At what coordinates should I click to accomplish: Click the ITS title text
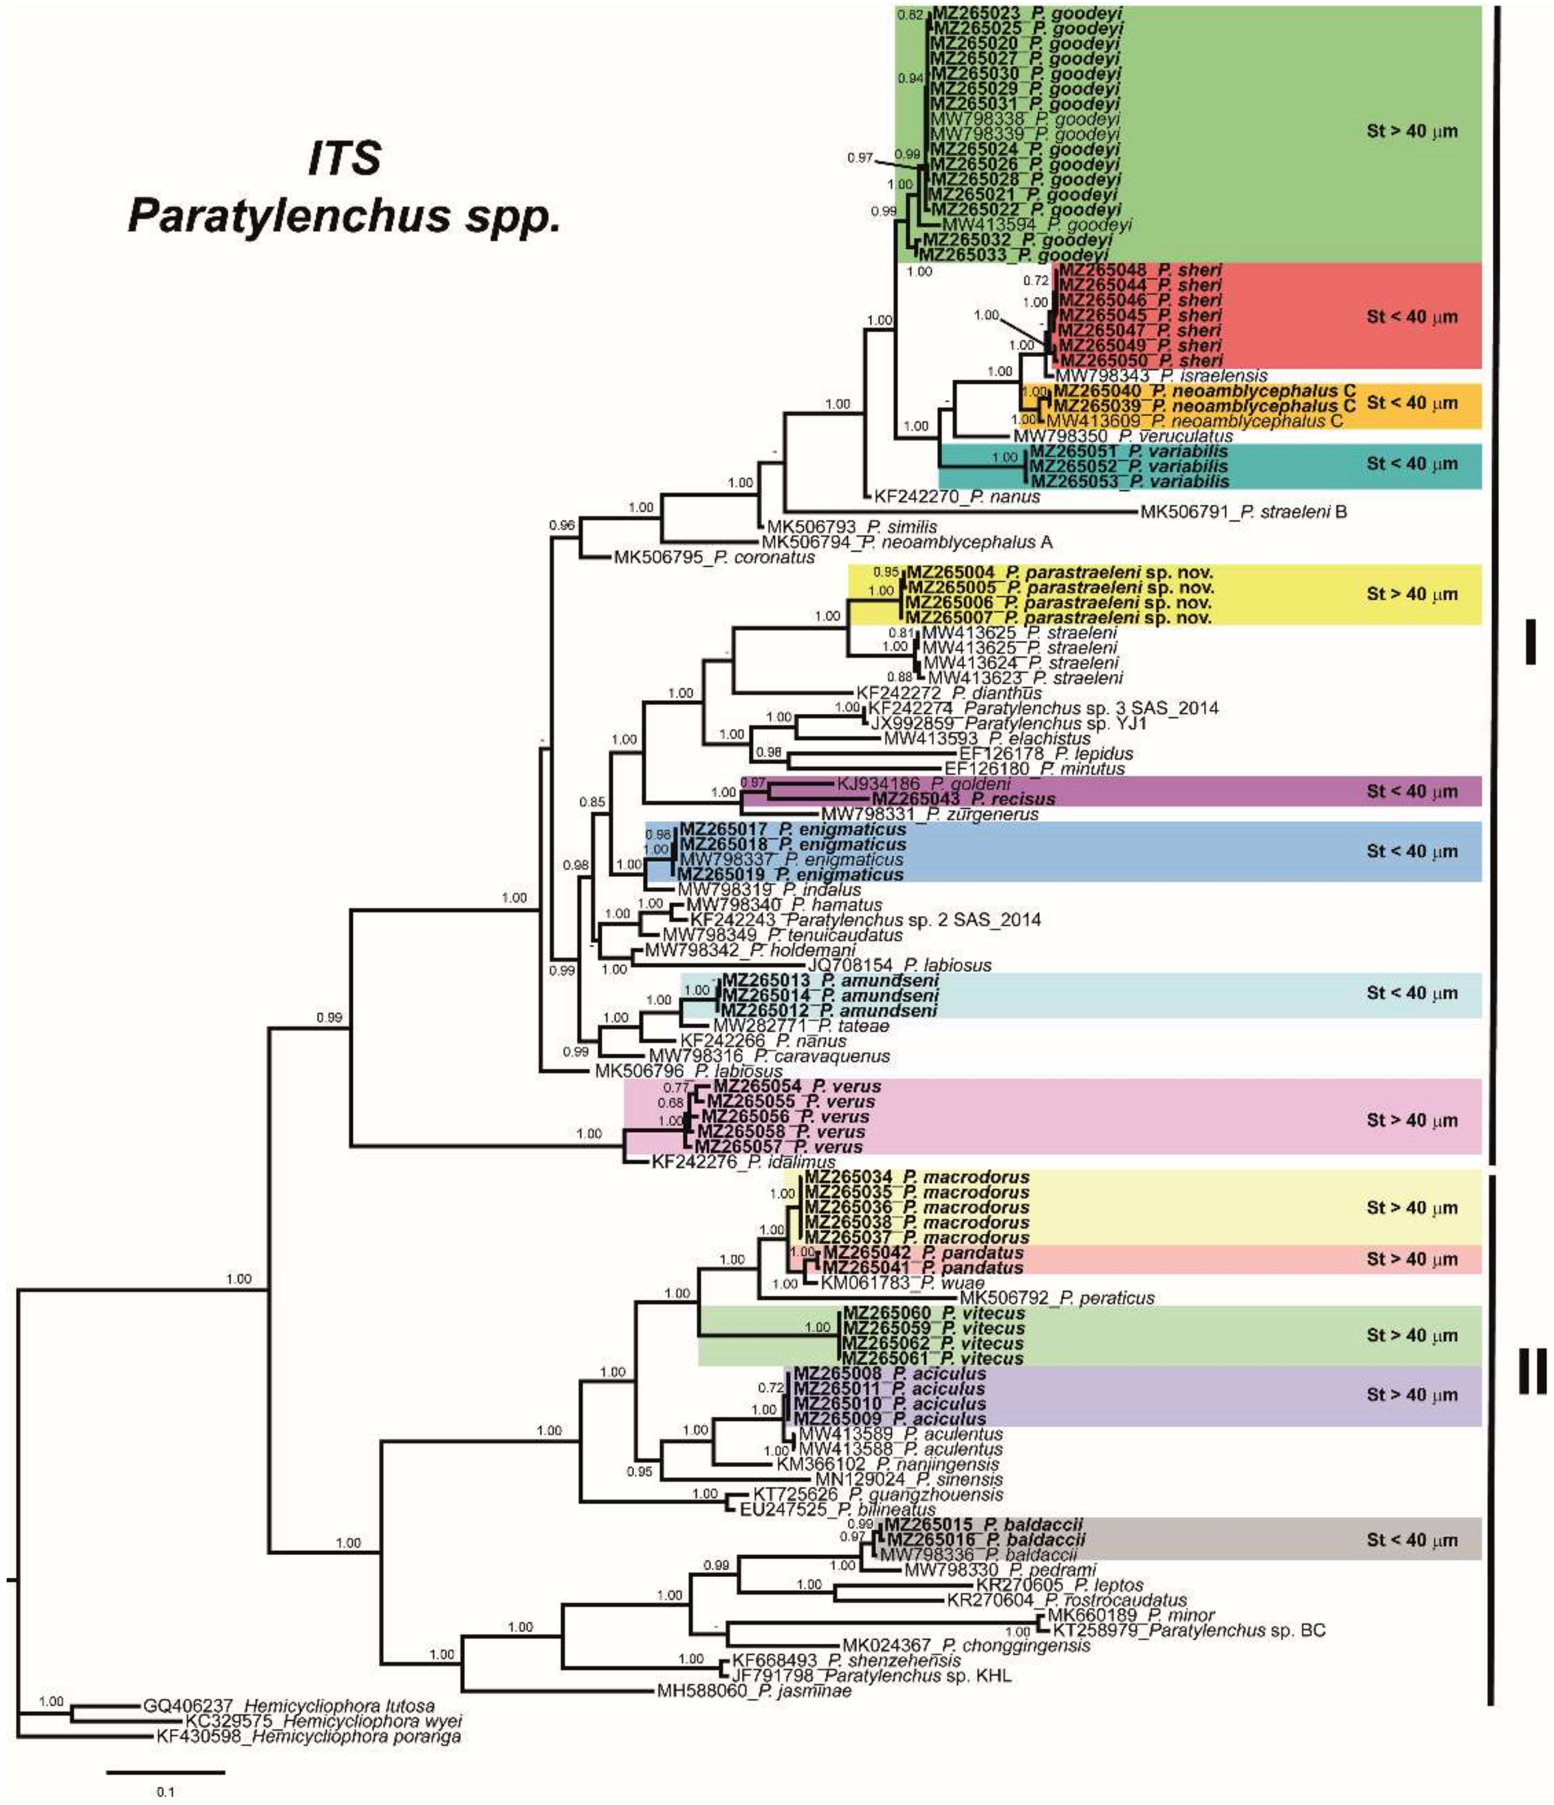click(344, 158)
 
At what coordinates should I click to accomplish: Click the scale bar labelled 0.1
click(166, 1771)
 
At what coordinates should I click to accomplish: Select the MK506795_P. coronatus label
click(715, 557)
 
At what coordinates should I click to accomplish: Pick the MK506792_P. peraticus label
click(1057, 1298)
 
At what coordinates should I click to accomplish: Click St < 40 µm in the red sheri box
click(1411, 317)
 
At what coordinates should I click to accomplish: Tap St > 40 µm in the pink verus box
click(1411, 1120)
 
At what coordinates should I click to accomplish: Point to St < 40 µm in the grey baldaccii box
click(1411, 1541)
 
